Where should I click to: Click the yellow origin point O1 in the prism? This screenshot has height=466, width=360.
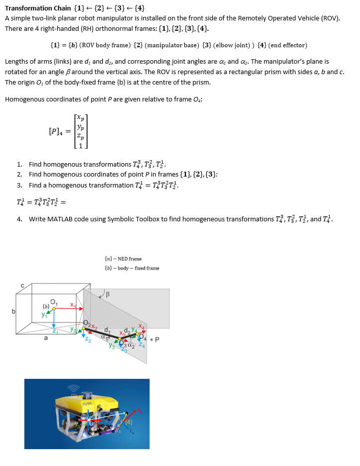[54, 308]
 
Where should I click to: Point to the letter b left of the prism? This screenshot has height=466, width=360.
[6, 312]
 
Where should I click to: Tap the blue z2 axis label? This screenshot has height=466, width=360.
[89, 340]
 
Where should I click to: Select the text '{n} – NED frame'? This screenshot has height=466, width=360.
[123, 259]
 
